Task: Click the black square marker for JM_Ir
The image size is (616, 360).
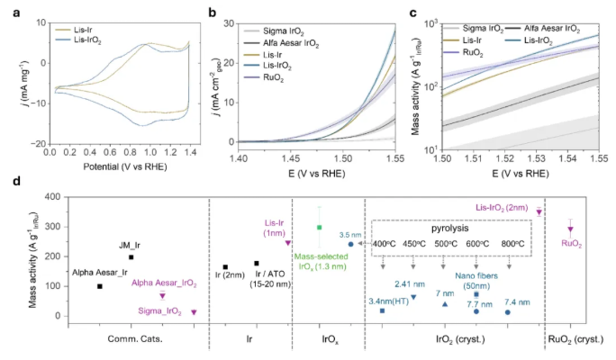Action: point(131,257)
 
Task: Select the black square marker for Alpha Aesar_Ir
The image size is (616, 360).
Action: point(100,286)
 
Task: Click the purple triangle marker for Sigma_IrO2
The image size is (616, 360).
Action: point(194,312)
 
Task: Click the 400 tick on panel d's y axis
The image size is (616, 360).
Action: point(59,196)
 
